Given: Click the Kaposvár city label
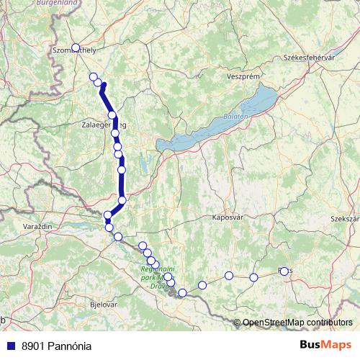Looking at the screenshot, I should [x=228, y=216].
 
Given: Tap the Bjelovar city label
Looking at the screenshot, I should [x=103, y=305].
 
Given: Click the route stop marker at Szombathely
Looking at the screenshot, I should [x=76, y=48].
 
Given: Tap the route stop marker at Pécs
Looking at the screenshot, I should [x=284, y=271].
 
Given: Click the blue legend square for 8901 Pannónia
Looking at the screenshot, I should [x=9, y=346].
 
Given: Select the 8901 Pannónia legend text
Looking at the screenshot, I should [x=55, y=346].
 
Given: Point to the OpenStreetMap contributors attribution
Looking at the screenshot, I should [x=297, y=322].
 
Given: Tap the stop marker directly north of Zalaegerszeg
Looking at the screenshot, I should [x=112, y=115].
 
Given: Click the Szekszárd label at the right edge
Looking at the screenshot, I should [x=345, y=217].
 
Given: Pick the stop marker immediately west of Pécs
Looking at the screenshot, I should [x=253, y=277].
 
